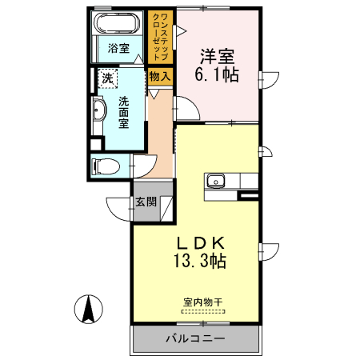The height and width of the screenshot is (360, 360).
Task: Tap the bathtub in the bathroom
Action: tap(118, 24)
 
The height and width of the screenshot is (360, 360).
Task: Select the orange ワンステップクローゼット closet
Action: tap(159, 37)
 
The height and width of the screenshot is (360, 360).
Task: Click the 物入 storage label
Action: tap(159, 77)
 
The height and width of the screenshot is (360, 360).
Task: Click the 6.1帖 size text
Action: tap(218, 76)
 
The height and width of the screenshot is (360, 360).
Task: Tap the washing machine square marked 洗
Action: tap(107, 78)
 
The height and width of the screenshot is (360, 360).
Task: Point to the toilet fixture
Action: tap(105, 166)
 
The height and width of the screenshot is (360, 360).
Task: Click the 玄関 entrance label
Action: tap(145, 201)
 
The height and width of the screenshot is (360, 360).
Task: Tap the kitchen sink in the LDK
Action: tap(216, 181)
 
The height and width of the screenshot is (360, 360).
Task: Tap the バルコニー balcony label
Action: tap(195, 338)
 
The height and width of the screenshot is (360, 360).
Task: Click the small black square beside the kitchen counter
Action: tap(249, 195)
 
